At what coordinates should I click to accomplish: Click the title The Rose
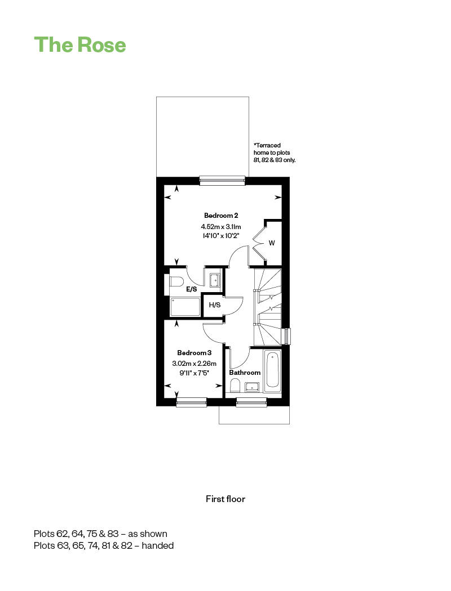coord(80,44)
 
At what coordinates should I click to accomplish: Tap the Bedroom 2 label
coord(221,216)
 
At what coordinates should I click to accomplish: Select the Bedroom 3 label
coord(194,353)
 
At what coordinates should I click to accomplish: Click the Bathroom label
coord(245,373)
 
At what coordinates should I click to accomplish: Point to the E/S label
coord(191,289)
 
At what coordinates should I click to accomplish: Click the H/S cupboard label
coord(214,305)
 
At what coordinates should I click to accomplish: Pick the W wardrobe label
coord(272,243)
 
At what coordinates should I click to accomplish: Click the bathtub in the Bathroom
coord(272,370)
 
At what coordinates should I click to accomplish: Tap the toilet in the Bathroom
coord(235,386)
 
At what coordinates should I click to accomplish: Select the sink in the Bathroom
coord(252,387)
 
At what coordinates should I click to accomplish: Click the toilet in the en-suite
coord(175,281)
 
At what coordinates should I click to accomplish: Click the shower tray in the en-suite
coord(185,307)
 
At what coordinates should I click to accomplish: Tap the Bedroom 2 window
coord(222,181)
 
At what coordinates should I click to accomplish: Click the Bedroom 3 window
coord(192,402)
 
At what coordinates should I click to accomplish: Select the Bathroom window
coord(251,402)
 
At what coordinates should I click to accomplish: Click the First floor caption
coord(225,499)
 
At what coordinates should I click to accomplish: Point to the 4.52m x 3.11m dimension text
coord(221,226)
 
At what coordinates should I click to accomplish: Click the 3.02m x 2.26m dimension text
coord(194,364)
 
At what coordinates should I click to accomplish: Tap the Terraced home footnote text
coord(275,153)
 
